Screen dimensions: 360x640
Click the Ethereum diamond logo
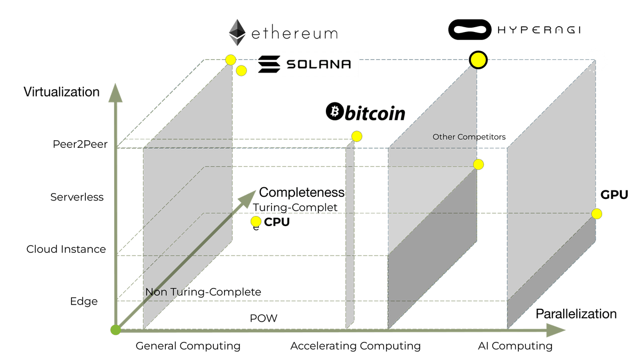click(238, 33)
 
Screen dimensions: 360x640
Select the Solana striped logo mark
click(269, 65)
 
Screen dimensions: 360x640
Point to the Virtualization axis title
click(61, 92)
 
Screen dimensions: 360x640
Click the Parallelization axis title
click(577, 314)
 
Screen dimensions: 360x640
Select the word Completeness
click(302, 193)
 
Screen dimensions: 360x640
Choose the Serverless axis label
click(77, 197)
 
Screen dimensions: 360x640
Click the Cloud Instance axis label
click(66, 249)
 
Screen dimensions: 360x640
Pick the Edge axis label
click(84, 301)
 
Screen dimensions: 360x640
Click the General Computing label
click(188, 346)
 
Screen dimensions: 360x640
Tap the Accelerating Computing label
click(355, 346)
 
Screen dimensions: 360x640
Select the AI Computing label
click(515, 346)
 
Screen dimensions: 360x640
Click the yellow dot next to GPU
click(597, 214)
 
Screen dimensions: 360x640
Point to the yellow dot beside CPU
click(256, 222)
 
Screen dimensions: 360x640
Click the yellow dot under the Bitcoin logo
click(357, 137)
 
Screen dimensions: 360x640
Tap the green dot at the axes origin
click(115, 330)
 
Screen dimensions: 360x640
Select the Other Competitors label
click(469, 137)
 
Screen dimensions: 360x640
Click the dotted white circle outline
click(596, 61)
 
